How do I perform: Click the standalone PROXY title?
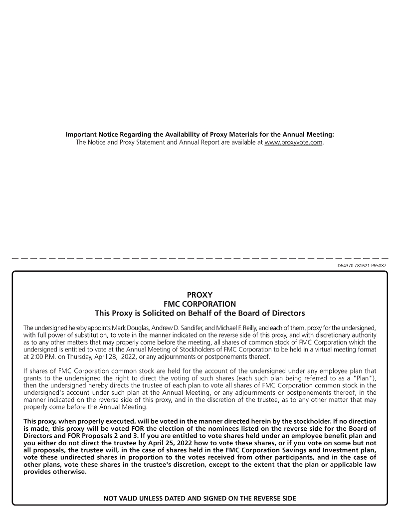[199, 295]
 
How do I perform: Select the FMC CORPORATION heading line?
[199, 304]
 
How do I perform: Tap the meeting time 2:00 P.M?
[40, 357]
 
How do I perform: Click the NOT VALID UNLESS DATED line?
[199, 498]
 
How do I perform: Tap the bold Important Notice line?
[199, 135]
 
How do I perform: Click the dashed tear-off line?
[199, 259]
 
